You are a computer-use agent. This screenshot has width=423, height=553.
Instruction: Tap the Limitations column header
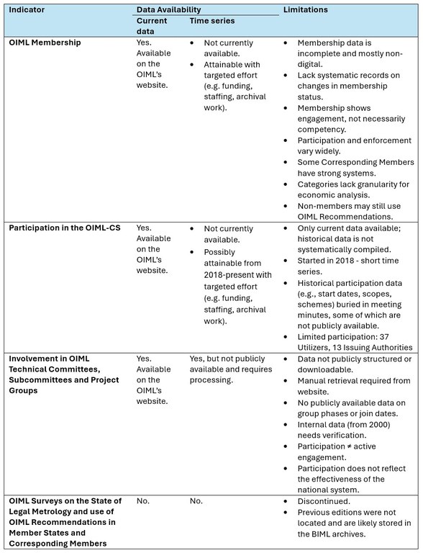[x=306, y=10]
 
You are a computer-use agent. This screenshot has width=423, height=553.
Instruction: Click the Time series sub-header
[x=212, y=22]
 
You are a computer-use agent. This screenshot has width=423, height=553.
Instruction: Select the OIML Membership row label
[x=45, y=42]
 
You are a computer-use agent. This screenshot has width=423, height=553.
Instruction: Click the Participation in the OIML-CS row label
[x=65, y=227]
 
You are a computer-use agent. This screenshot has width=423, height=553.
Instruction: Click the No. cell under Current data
[x=142, y=500]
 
